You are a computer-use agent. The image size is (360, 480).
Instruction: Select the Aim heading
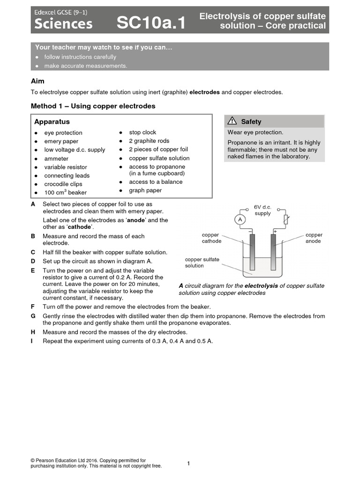(x=37, y=81)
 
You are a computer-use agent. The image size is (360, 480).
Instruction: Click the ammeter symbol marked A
(x=240, y=219)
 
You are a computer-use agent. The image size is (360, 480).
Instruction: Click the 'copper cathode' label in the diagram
(x=211, y=238)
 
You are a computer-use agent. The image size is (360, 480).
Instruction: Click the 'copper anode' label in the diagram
(x=314, y=238)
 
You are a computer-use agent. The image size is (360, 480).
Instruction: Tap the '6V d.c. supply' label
(x=262, y=210)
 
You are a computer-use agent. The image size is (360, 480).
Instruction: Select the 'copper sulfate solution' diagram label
(x=202, y=262)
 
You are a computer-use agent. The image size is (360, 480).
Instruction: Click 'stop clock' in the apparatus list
(x=142, y=133)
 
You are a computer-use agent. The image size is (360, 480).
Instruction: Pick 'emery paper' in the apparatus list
(x=61, y=141)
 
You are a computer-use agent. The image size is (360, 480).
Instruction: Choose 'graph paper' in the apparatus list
(x=145, y=190)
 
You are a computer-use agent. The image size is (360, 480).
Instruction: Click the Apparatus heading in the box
(x=52, y=121)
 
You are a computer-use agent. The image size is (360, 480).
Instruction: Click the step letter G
(x=33, y=316)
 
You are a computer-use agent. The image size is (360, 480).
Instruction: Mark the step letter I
(x=32, y=341)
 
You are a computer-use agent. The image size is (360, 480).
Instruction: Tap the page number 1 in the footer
(x=188, y=464)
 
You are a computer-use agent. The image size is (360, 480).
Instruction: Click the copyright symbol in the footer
(x=33, y=461)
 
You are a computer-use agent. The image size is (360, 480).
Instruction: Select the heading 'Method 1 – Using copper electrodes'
(x=93, y=106)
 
